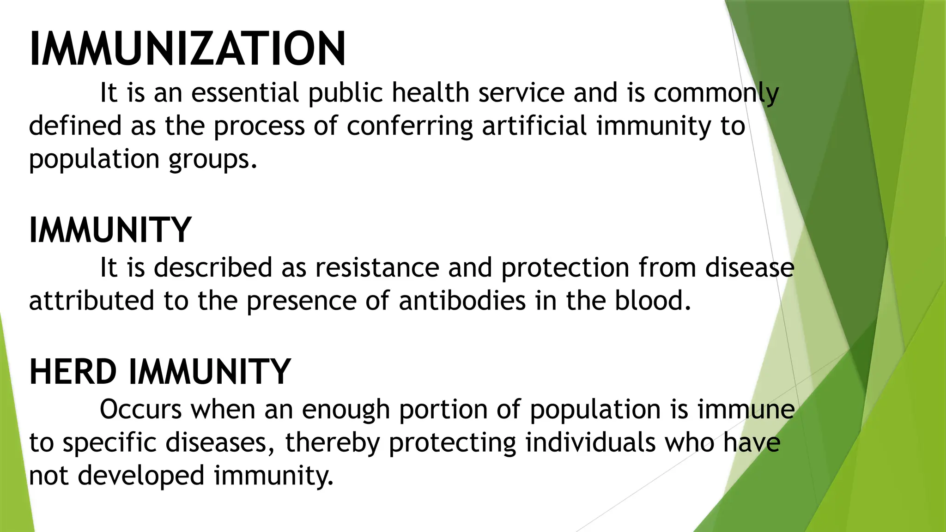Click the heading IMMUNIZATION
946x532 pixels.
187,49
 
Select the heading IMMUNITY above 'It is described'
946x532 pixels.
110,230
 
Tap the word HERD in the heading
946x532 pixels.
73,372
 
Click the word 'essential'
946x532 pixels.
245,92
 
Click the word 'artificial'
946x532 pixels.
534,126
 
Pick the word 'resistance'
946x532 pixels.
377,268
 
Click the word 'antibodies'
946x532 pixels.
462,301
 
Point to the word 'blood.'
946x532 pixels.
652,301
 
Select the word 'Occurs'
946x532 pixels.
141,410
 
